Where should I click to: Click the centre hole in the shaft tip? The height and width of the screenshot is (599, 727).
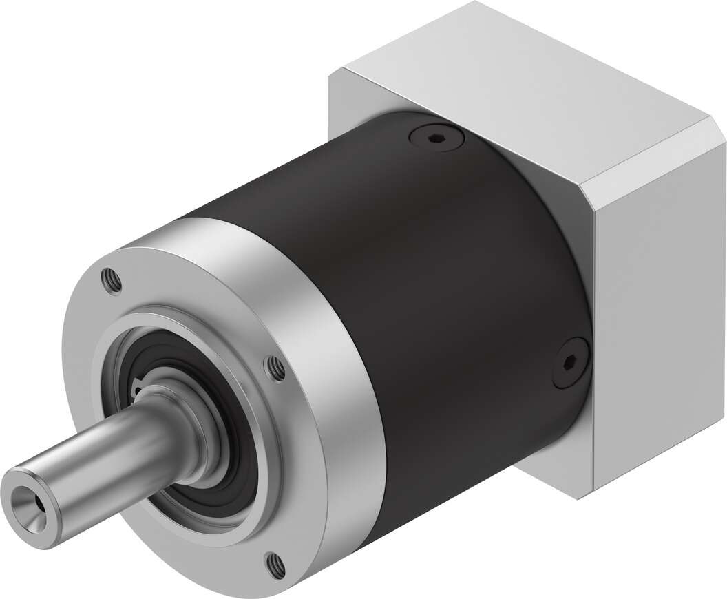coord(32,505)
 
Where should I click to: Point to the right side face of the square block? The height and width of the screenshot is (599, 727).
coord(654,310)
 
